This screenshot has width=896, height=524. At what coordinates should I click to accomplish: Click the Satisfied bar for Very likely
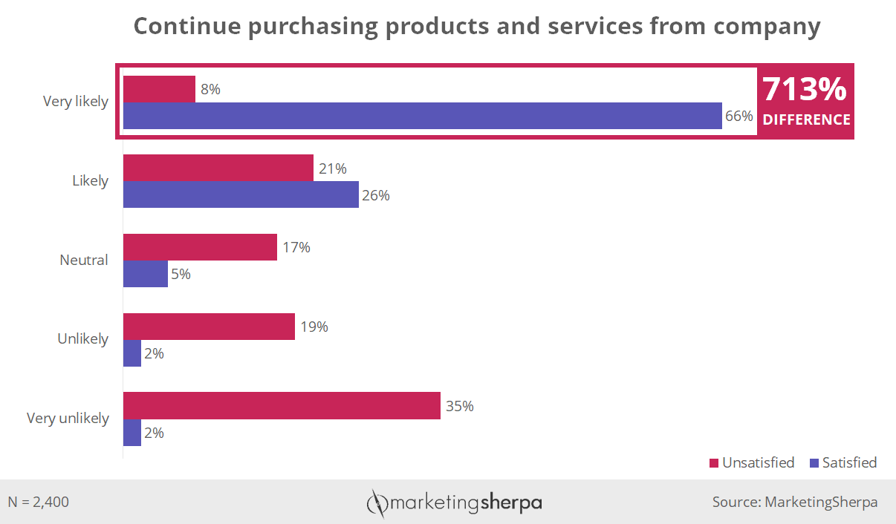422,116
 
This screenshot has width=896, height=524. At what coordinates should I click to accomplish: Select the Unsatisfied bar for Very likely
159,89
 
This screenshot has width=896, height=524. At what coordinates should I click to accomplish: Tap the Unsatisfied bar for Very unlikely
282,406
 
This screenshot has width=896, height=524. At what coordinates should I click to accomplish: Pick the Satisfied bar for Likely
241,195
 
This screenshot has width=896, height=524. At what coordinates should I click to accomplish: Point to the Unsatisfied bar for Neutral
200,247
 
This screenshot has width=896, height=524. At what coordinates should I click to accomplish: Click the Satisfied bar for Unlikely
132,353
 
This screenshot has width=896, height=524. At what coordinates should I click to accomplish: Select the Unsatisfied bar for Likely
218,168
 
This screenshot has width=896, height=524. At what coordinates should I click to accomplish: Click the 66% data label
739,117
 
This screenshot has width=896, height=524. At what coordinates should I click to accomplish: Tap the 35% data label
460,406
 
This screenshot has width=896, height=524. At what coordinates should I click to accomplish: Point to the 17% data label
296,247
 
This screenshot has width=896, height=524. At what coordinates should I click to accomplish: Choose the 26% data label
375,196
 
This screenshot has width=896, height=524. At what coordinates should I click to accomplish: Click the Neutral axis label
84,261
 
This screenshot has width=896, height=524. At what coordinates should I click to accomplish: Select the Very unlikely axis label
68,419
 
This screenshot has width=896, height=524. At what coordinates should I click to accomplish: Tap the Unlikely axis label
82,339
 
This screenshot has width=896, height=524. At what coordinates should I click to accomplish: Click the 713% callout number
805,90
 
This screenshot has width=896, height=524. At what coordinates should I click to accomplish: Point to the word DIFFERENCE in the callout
806,119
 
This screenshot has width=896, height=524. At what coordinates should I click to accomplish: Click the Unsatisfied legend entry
752,463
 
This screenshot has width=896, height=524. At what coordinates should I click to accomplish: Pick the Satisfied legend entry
843,463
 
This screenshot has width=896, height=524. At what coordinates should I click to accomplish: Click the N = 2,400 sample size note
39,502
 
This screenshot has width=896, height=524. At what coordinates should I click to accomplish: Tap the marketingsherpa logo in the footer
455,503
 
